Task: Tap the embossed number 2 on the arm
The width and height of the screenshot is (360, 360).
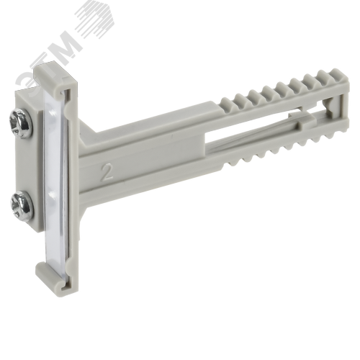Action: (x=107, y=172)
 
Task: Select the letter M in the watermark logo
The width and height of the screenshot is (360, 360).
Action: (x=65, y=45)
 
